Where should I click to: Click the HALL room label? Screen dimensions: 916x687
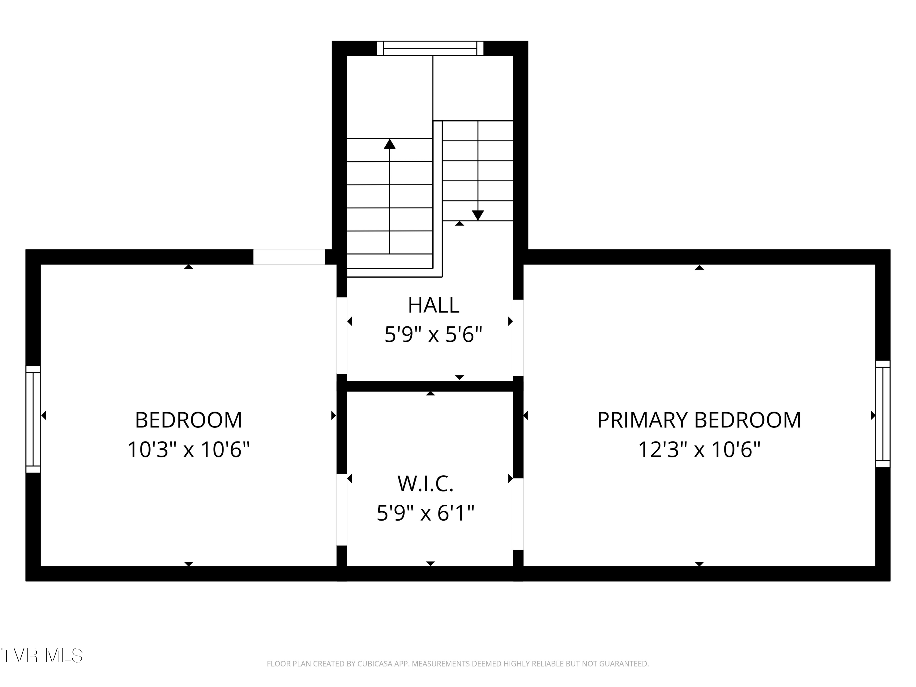(x=434, y=305)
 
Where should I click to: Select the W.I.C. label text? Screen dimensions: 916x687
(x=425, y=484)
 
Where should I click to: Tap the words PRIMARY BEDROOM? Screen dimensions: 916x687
(x=699, y=420)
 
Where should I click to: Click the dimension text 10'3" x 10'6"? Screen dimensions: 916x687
(x=188, y=450)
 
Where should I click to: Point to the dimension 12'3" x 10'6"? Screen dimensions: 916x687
(x=699, y=450)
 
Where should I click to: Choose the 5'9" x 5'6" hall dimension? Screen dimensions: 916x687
(x=434, y=335)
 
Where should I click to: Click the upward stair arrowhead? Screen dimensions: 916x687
(x=390, y=144)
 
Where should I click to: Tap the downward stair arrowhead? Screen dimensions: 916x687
(x=478, y=215)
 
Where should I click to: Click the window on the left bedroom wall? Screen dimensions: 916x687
(x=33, y=419)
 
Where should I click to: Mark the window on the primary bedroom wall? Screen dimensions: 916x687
(x=883, y=414)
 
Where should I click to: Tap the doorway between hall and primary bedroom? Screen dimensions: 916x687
(x=518, y=337)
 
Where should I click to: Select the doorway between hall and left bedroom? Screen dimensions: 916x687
(x=342, y=336)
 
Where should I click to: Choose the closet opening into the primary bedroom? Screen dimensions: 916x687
(x=518, y=514)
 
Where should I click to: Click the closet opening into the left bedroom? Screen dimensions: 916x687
(x=342, y=510)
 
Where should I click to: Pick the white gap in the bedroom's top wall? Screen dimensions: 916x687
(x=289, y=257)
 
